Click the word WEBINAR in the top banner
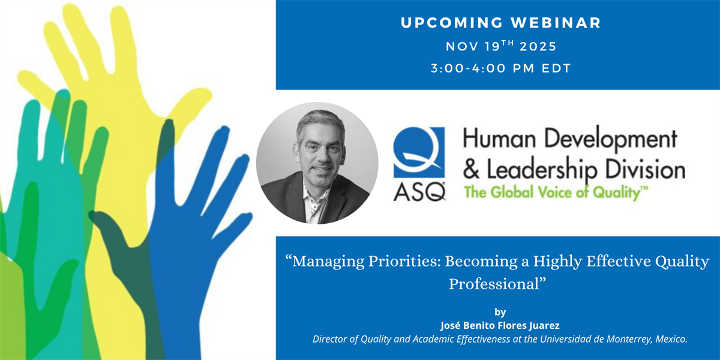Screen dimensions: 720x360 click(x=556, y=23)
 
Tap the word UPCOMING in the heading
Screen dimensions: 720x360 click(x=452, y=23)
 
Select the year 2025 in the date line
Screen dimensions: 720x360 click(x=538, y=47)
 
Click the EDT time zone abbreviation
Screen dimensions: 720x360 click(x=556, y=68)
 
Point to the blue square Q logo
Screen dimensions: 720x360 click(x=419, y=152)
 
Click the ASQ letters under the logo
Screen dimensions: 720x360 click(x=419, y=192)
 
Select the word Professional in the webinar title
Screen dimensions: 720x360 click(x=494, y=284)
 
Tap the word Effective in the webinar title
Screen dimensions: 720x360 click(x=617, y=261)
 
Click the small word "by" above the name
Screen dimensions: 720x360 click(x=500, y=312)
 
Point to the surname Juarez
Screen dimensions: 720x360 click(x=544, y=326)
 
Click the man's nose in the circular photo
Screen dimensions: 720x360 click(x=320, y=157)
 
